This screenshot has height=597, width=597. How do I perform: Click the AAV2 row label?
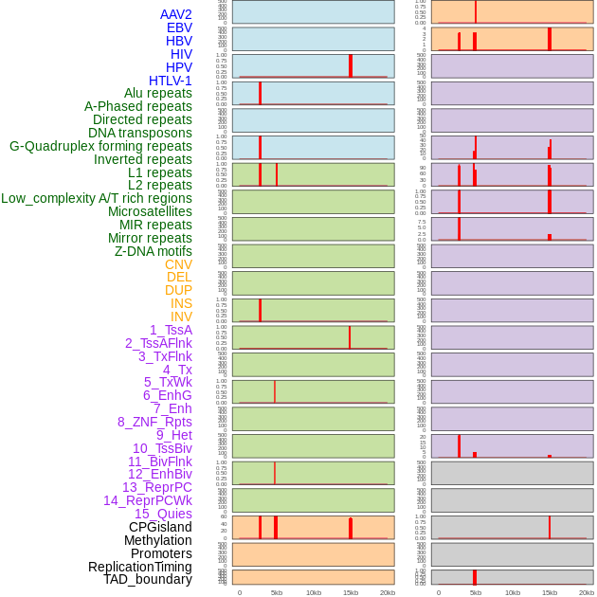click(x=175, y=14)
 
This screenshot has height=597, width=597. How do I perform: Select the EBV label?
click(x=179, y=27)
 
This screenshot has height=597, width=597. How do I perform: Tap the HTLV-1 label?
click(x=170, y=81)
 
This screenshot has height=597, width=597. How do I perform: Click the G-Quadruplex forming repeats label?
click(x=100, y=146)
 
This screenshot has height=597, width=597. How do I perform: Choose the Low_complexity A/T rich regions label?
click(x=96, y=198)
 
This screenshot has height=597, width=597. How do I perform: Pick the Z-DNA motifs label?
click(x=153, y=251)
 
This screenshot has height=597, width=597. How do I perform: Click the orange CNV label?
click(x=178, y=264)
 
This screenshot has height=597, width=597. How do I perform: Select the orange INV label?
click(x=181, y=317)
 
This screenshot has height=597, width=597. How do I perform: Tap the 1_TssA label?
click(x=171, y=330)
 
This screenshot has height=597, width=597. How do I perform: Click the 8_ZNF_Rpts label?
click(x=154, y=422)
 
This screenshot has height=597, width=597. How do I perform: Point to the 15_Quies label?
click(x=163, y=514)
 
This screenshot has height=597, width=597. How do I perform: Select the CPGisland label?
click(x=160, y=527)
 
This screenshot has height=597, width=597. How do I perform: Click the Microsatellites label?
click(x=150, y=211)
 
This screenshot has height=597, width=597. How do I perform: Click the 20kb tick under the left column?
click(x=388, y=592)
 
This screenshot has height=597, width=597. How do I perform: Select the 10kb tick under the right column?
click(x=513, y=592)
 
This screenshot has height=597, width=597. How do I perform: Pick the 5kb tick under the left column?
click(x=277, y=592)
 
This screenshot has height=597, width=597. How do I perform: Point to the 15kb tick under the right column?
click(x=550, y=592)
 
